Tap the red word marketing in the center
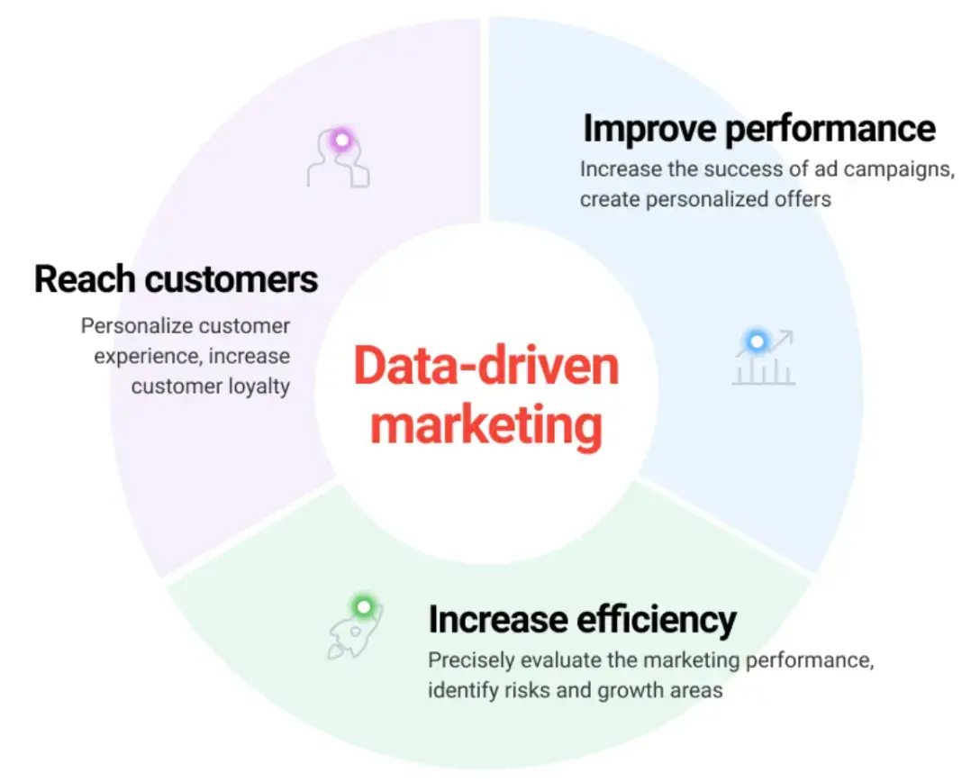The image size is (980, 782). click(x=486, y=424)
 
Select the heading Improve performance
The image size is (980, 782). click(x=759, y=129)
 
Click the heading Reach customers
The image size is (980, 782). click(x=177, y=279)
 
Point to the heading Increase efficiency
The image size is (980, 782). click(x=582, y=620)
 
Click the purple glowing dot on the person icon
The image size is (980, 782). click(x=341, y=140)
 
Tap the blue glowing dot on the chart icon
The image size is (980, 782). click(x=758, y=341)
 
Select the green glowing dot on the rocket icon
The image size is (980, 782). click(x=363, y=606)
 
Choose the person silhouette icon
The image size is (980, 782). click(x=338, y=160)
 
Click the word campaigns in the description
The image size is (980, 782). click(x=895, y=169)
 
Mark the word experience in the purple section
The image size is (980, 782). click(x=146, y=356)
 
